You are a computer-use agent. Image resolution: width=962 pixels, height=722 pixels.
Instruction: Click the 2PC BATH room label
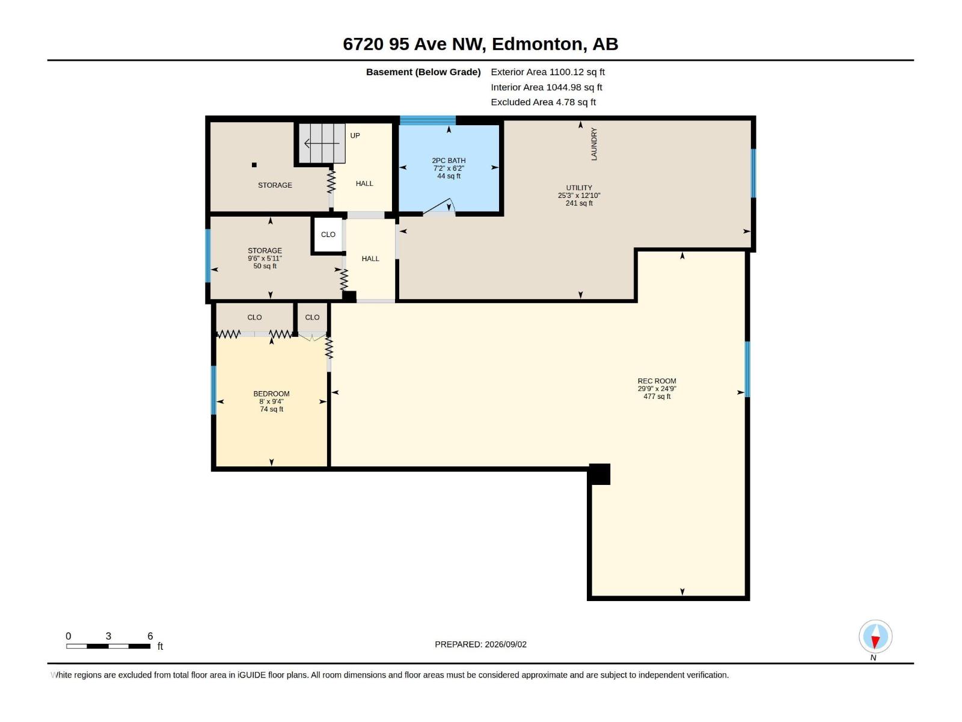(x=449, y=161)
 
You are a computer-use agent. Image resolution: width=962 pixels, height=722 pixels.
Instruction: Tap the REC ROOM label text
(x=657, y=381)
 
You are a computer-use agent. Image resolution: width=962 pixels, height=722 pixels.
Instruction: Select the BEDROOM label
(x=271, y=393)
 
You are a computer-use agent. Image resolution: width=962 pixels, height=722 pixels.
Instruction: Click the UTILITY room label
(x=578, y=188)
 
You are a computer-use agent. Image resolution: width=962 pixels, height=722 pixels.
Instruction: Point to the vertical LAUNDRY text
(x=594, y=144)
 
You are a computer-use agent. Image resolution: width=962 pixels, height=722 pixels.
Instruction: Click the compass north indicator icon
(x=875, y=636)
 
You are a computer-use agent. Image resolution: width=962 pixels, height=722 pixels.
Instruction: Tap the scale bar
(x=108, y=646)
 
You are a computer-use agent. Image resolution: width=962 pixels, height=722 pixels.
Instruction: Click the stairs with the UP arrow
(x=322, y=143)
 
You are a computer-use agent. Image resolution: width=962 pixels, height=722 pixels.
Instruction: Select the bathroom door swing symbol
(x=439, y=206)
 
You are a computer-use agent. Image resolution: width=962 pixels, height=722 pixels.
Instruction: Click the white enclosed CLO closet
(x=328, y=235)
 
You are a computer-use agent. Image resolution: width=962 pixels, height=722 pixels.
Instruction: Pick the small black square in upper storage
(x=254, y=165)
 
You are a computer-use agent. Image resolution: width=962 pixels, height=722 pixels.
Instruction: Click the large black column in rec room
(x=599, y=474)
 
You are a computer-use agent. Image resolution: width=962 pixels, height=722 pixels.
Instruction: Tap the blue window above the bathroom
(x=427, y=120)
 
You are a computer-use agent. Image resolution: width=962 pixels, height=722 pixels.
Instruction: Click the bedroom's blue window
(x=214, y=390)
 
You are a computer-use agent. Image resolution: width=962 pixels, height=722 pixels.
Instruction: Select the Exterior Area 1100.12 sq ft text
(x=547, y=72)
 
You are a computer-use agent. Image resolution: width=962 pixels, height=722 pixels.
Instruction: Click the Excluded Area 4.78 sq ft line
(x=543, y=102)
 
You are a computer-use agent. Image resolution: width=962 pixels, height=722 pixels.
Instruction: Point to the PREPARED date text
(x=481, y=644)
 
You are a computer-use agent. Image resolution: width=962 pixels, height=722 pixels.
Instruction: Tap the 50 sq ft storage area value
(x=265, y=266)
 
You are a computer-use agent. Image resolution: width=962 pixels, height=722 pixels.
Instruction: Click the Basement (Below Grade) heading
(x=423, y=72)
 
